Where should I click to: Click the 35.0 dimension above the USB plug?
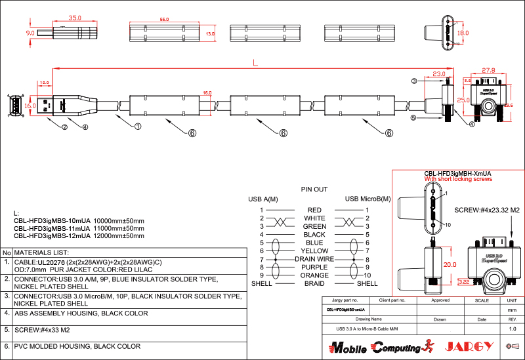point(74,18)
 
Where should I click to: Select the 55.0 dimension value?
point(164,20)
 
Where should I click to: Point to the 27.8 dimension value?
point(488,70)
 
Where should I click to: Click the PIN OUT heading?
point(314,189)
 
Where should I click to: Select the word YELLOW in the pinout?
point(314,250)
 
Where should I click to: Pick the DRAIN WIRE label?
point(314,259)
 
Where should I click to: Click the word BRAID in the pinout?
point(314,283)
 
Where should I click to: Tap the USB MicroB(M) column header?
point(367,199)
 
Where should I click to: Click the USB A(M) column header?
point(262,199)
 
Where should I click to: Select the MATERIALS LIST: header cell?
point(42,252)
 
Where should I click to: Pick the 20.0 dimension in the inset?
point(449,264)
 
